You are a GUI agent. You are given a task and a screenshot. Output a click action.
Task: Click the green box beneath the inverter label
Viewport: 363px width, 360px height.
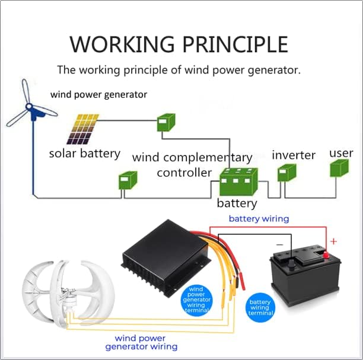[287, 173]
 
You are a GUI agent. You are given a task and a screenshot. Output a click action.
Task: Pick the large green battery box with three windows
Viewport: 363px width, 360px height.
[238, 183]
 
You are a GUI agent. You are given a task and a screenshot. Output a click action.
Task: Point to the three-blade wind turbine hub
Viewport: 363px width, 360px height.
[30, 108]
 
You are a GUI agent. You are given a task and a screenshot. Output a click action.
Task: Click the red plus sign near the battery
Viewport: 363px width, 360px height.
[333, 241]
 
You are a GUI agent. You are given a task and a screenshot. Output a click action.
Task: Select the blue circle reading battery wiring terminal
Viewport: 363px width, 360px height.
[260, 307]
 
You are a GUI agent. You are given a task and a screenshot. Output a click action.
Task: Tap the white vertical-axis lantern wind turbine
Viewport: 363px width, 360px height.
[53, 291]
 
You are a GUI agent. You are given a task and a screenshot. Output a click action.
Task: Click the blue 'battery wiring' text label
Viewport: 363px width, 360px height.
[259, 218]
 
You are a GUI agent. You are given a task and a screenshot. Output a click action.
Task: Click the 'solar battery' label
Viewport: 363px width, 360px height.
[84, 154]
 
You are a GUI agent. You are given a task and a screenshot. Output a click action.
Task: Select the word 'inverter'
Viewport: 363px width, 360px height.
[294, 155]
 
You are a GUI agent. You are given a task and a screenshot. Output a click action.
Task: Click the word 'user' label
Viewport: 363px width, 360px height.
[341, 153]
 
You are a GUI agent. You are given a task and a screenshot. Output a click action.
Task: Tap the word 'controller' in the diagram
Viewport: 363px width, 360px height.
[184, 173]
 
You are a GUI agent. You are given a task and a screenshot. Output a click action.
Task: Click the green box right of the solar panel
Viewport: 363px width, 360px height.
[164, 123]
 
